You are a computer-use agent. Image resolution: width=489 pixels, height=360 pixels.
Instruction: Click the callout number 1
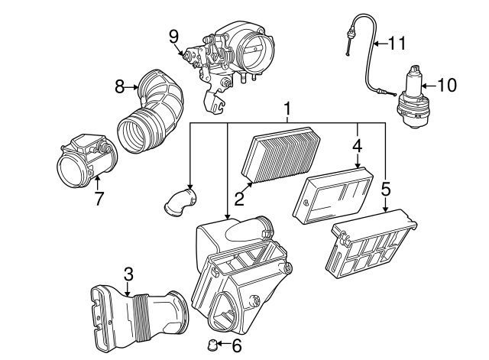click(x=287, y=111)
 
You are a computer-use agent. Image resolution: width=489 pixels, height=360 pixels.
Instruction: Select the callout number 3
click(x=128, y=273)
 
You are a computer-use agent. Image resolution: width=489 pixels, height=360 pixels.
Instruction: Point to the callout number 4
click(x=357, y=143)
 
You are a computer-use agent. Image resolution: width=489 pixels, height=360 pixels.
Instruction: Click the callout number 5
click(x=386, y=187)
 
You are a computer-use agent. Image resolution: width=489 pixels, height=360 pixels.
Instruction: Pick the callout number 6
click(x=236, y=346)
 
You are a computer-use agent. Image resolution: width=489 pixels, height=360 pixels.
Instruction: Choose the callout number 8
click(x=119, y=87)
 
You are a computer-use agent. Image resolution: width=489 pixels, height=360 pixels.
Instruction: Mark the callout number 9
click(x=173, y=35)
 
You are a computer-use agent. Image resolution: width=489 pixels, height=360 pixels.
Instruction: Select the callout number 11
click(x=397, y=44)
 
